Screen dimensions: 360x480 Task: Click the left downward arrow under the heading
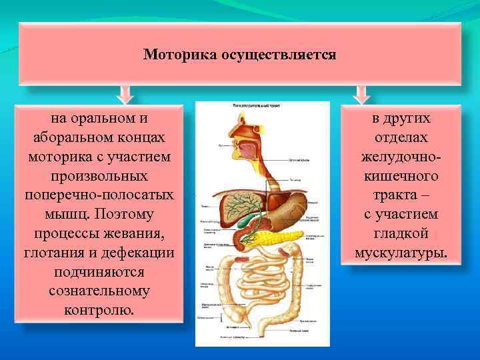[124, 94]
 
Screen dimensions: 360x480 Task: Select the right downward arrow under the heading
[361, 94]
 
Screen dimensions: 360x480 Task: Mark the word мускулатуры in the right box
[400, 253]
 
